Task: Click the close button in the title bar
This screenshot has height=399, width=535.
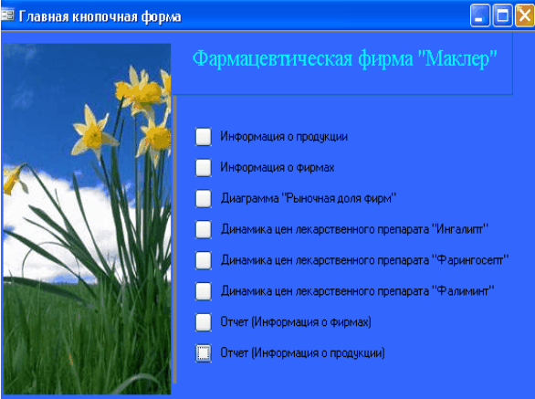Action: point(525,16)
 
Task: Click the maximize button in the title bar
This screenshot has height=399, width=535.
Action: point(502,16)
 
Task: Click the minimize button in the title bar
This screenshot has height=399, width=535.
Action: point(480,16)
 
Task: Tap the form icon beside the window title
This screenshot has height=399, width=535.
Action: point(7,15)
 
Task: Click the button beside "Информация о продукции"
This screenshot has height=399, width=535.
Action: point(204,137)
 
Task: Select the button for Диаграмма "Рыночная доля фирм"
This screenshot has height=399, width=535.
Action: point(204,198)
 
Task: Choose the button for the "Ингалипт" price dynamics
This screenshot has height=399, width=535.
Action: point(204,229)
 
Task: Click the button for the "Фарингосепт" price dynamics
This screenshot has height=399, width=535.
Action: point(204,260)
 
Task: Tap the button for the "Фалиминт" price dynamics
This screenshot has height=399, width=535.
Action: point(204,291)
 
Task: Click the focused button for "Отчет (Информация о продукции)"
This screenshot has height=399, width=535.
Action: point(204,353)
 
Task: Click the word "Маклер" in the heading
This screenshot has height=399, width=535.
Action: point(457,58)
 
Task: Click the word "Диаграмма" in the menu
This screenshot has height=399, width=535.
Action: point(250,199)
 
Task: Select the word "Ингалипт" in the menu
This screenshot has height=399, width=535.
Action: point(462,229)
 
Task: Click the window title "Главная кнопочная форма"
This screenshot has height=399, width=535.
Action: point(100,16)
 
